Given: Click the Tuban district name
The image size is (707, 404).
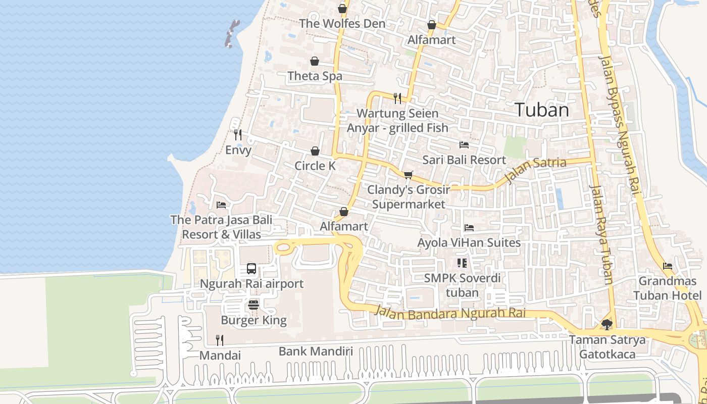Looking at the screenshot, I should coord(542,110).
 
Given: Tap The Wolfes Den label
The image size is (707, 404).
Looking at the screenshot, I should coord(342,24).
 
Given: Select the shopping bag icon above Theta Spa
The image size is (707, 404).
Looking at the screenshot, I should coord(315,61).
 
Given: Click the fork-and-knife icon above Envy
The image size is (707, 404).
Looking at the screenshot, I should coord(238,134).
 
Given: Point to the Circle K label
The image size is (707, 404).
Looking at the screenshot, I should coord(315,166).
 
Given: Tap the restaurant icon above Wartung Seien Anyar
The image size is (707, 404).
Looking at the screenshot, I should coord(397,98).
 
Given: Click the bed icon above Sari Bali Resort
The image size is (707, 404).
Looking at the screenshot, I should coord(464,145).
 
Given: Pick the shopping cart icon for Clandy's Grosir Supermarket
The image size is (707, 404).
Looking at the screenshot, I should coord(408,175).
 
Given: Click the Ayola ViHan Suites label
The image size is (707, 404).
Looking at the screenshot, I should coord(469,243).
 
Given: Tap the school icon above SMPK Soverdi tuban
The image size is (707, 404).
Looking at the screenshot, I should coord(462,263).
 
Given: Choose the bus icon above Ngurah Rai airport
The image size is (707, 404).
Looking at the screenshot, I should coord(251,269).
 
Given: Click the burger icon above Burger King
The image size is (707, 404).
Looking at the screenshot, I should coord(254,305).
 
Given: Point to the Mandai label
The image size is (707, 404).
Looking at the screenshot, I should coord(220,356).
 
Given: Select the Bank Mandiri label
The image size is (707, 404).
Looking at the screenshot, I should coord(316,351).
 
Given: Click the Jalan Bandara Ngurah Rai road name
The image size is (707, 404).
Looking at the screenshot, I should coord(450,313).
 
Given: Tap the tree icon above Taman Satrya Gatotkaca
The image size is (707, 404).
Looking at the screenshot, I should coord(607,324).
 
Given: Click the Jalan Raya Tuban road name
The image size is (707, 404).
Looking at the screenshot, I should coord(601,235).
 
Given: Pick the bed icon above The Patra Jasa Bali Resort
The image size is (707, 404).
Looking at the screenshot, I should coord(221,205).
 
